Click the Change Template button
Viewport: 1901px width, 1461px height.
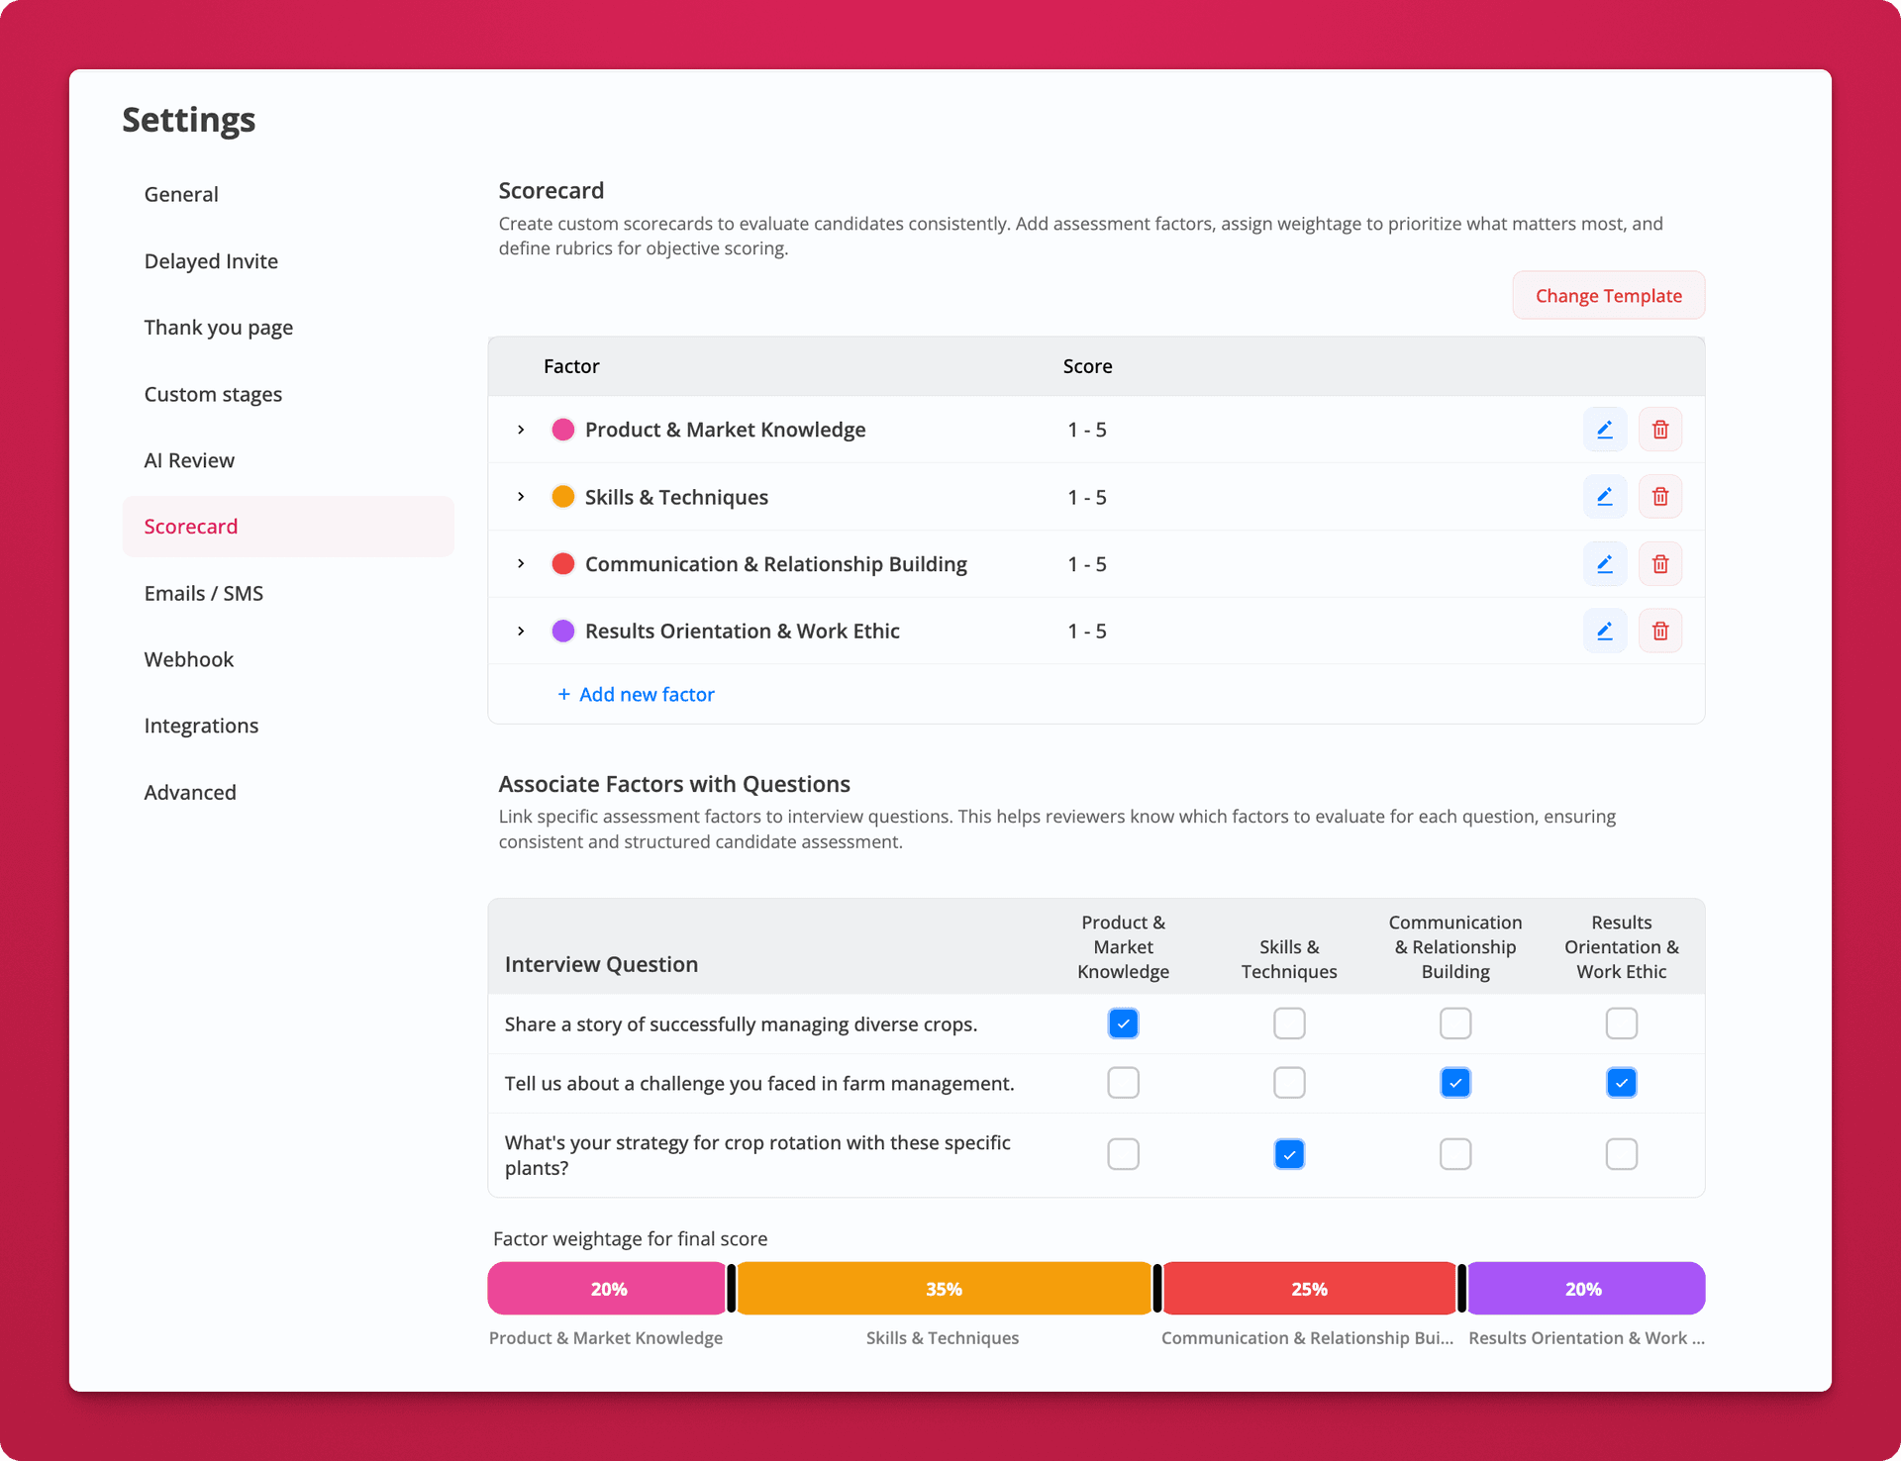1608,296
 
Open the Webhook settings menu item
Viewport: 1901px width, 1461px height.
189,659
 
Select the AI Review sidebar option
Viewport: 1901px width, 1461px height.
189,460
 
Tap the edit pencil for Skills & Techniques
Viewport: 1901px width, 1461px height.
1605,497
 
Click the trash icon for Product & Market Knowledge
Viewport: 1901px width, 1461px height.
1660,430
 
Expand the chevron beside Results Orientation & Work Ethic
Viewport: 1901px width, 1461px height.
521,632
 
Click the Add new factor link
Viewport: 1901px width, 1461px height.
636,695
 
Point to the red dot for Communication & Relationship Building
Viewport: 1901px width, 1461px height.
563,564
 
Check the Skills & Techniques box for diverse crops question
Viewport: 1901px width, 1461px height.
1289,1023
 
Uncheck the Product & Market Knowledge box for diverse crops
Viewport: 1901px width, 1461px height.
1123,1023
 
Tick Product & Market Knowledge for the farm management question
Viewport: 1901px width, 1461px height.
1123,1083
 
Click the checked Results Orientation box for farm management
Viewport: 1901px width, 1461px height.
1621,1083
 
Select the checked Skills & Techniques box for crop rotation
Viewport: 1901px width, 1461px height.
1289,1154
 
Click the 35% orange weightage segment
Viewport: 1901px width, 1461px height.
944,1289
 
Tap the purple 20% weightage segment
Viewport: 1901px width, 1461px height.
1584,1289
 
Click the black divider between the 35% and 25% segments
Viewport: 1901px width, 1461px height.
1157,1289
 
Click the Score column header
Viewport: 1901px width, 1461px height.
1087,366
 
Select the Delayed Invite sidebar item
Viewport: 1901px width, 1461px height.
211,261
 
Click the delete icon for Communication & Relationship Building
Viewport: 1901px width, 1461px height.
1660,564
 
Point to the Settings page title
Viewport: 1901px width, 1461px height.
189,120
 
